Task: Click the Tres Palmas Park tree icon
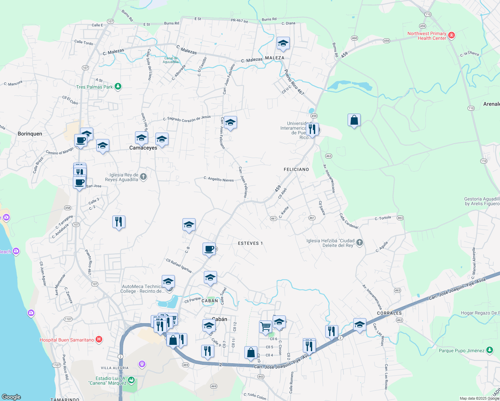[118, 87]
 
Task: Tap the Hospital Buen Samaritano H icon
[99, 340]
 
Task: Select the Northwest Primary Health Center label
[427, 36]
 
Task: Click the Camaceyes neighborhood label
[143, 148]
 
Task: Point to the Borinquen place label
[30, 134]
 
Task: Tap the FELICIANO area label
[296, 169]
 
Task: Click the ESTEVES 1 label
[250, 243]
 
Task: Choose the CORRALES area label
[389, 313]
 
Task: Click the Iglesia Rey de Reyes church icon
[143, 177]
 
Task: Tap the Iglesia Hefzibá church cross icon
[359, 243]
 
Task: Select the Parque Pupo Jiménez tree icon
[490, 350]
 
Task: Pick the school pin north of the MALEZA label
[283, 43]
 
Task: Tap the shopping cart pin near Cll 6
[265, 326]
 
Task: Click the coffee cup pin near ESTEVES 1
[209, 249]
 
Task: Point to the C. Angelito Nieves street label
[219, 179]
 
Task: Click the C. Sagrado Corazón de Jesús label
[187, 118]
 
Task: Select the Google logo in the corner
[11, 397]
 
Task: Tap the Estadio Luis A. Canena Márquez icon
[131, 380]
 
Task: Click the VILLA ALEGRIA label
[115, 368]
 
